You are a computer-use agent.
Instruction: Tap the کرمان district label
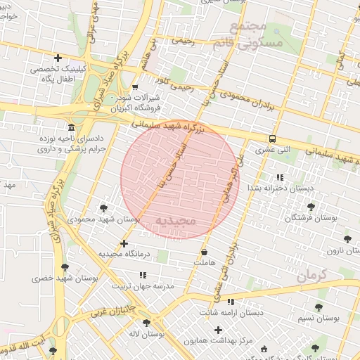point(312,275)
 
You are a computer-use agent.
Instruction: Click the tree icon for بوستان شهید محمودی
point(104,208)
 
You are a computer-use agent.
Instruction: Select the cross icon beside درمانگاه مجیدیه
point(124,244)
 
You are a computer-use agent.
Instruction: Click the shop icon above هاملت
point(205,252)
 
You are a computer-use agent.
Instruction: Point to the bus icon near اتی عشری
point(272,139)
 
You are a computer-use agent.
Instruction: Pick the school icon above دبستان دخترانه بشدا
point(280,177)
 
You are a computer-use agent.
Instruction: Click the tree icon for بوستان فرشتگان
point(311,207)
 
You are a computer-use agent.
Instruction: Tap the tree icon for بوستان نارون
point(347,239)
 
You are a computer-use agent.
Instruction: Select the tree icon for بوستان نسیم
point(319,307)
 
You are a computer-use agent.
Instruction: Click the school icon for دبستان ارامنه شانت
point(232,302)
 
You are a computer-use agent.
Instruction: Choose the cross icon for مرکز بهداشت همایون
point(218,330)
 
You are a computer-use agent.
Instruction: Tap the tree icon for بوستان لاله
point(146,323)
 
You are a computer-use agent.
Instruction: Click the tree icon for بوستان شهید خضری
point(65,267)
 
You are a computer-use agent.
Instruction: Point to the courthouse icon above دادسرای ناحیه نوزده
point(71,127)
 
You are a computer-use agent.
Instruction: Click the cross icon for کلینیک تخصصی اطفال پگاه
point(58,58)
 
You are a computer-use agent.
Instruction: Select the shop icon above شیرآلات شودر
point(135,87)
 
